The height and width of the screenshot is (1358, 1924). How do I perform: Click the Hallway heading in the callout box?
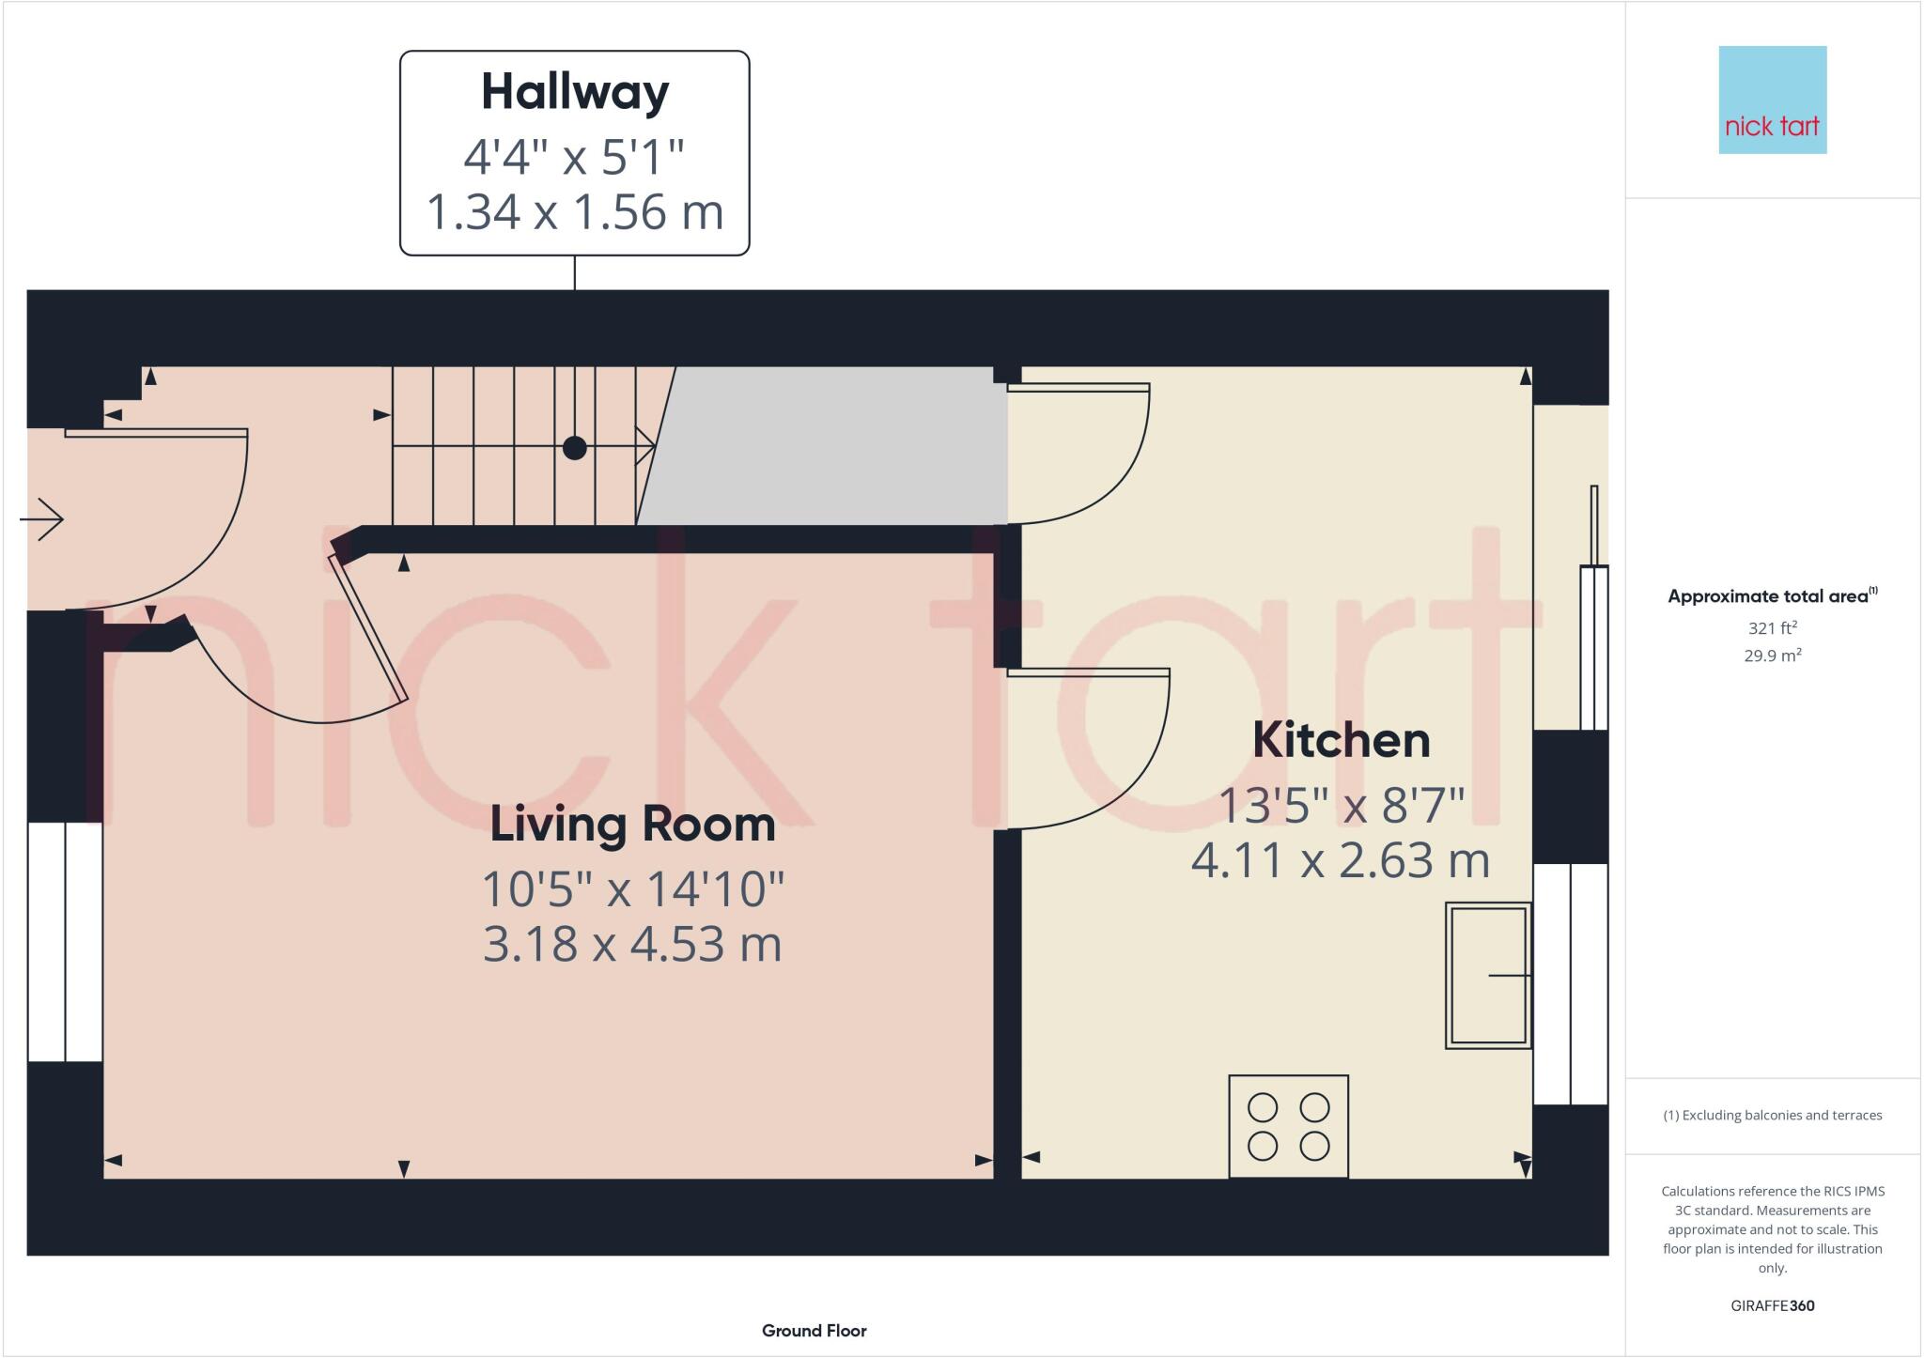coord(575,92)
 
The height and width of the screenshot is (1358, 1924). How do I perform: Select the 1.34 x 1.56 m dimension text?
coord(575,212)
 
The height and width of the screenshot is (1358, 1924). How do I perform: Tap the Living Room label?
coord(632,825)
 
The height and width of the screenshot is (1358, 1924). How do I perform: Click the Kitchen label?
coord(1341,741)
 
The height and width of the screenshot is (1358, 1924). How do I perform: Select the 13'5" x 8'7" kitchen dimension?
coord(1341,805)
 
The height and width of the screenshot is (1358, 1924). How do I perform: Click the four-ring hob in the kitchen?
coord(1288,1126)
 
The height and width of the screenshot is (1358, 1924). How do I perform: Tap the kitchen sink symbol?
coord(1488,975)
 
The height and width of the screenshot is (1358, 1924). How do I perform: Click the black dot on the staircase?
coord(574,448)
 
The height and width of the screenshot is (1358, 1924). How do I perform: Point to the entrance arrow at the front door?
coord(42,518)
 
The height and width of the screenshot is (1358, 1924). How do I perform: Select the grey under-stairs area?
coord(827,446)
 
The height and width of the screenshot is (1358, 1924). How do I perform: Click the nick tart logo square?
coord(1772,100)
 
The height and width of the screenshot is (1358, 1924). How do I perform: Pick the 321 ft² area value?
coord(1772,628)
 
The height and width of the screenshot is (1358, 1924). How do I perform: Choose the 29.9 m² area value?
coord(1772,656)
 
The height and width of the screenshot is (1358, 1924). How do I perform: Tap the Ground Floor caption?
coord(814,1331)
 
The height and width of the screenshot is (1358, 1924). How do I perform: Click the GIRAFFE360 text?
coord(1772,1305)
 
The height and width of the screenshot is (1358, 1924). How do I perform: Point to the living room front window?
coord(65,942)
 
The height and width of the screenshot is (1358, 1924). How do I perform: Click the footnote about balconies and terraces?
coord(1772,1116)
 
